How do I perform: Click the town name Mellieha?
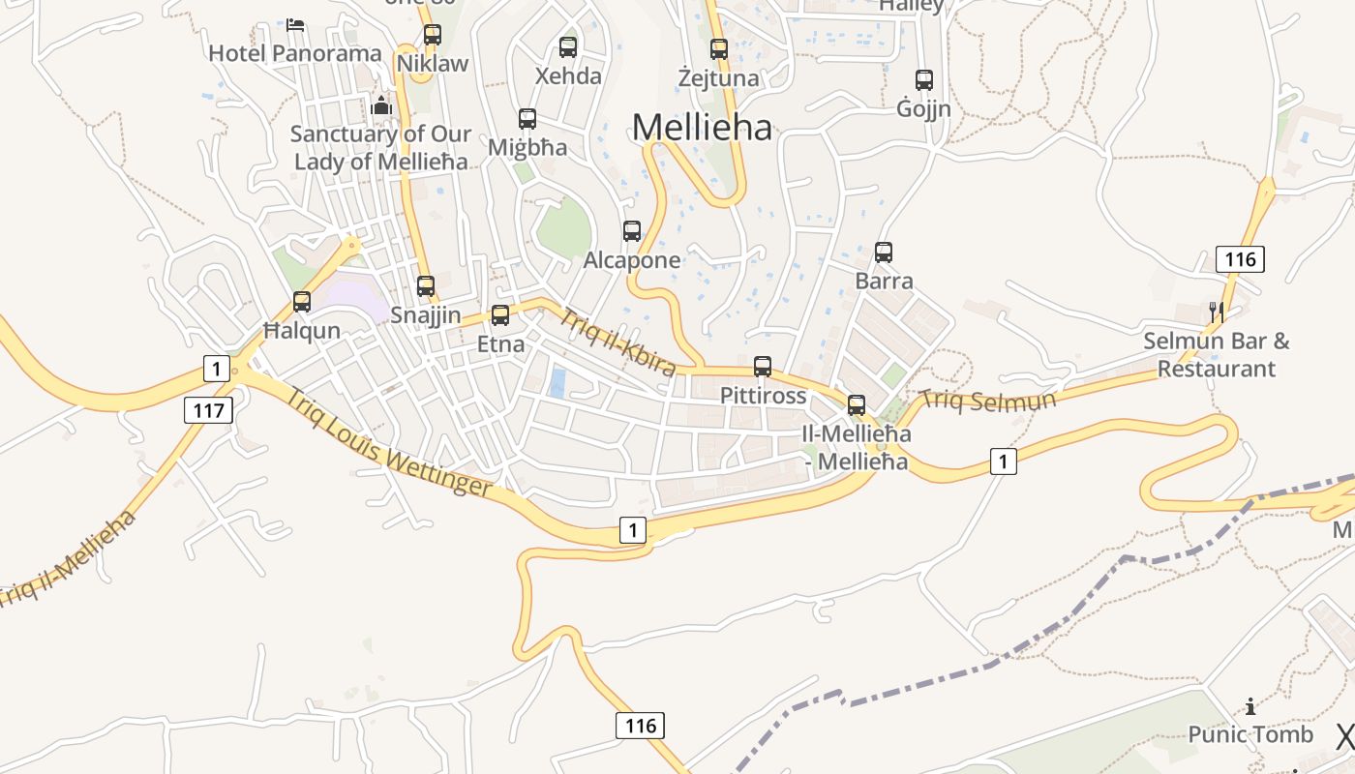702,127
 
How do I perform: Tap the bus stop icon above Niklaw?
433,35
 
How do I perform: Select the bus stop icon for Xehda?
568,46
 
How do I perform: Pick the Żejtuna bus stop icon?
718,48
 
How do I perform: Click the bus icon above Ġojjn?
924,80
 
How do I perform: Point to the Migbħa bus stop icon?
527,119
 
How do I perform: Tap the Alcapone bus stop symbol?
632,231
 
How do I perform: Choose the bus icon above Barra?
884,253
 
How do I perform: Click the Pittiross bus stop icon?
763,367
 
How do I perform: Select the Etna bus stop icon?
500,314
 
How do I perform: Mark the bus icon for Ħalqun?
302,302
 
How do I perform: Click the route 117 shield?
208,410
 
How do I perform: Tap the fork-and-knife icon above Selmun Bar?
1218,312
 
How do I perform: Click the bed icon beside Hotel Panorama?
296,24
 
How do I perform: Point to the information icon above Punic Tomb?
1250,706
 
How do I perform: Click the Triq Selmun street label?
986,400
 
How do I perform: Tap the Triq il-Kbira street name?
617,342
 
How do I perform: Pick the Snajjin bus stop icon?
426,286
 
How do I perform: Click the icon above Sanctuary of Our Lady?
381,104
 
